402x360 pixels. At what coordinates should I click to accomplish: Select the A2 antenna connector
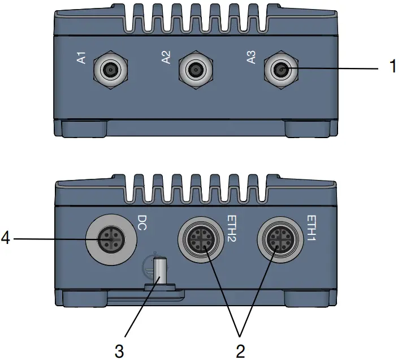click(195, 70)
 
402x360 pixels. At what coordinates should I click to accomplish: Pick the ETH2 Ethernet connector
click(201, 241)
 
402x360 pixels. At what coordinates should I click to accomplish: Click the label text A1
click(81, 57)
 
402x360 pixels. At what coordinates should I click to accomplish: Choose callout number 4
click(6, 239)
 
